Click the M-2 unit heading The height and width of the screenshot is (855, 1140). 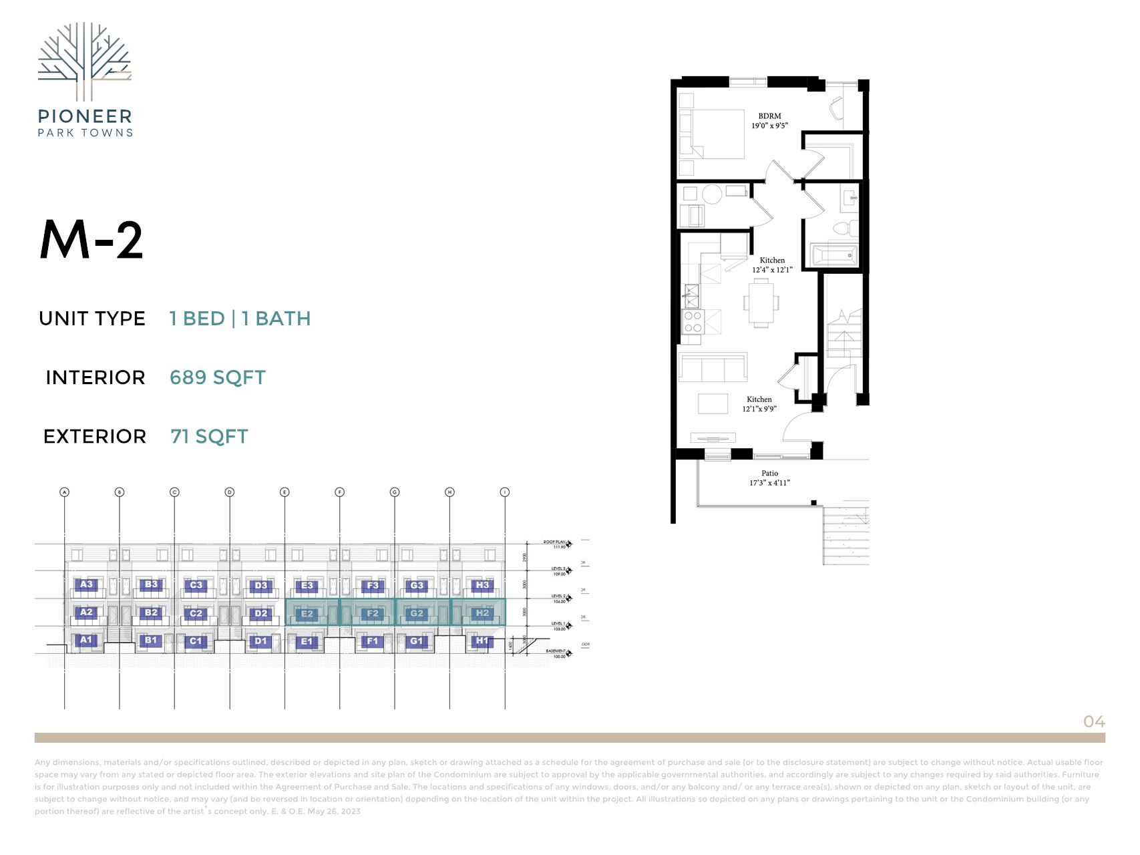click(91, 239)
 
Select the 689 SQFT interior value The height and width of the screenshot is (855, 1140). click(217, 377)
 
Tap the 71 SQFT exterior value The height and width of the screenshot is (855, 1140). click(209, 436)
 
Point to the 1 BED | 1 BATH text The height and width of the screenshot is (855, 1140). click(240, 319)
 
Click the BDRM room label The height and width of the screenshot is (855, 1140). click(769, 116)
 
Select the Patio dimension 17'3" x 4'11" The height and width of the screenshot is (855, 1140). click(769, 482)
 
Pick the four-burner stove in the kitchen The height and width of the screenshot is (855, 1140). click(693, 322)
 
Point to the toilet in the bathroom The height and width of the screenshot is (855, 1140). click(843, 228)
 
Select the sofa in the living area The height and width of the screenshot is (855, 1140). click(712, 367)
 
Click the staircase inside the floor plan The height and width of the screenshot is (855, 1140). click(844, 334)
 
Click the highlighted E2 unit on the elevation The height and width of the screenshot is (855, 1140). click(307, 613)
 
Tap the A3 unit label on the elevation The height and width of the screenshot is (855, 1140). click(86, 584)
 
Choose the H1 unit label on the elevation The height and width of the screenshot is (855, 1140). click(482, 641)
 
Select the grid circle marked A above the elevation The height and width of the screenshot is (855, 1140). click(65, 492)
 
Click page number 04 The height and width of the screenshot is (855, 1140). click(1094, 721)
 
